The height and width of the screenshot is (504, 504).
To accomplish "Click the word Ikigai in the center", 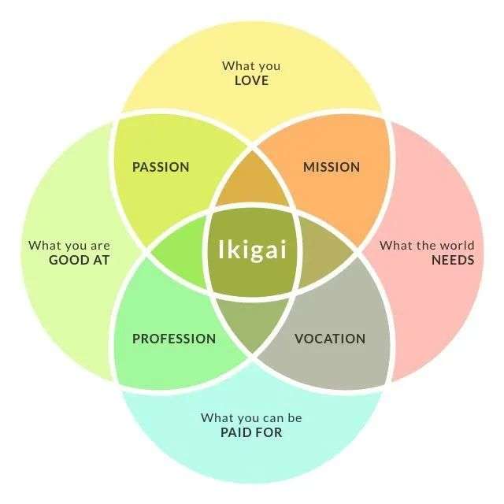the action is click(252, 250).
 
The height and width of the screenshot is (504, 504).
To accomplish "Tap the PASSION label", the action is click(161, 167).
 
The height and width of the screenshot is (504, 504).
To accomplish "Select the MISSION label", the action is click(332, 167).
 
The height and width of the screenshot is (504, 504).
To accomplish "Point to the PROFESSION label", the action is click(174, 339).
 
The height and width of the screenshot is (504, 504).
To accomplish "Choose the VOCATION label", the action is click(330, 339).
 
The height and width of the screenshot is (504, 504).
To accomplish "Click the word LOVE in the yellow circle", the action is click(252, 80).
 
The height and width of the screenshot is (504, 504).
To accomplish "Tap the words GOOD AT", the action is click(79, 260).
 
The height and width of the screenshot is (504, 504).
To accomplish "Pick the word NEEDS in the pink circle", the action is click(453, 260).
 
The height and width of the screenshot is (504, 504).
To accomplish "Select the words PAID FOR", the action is click(251, 432).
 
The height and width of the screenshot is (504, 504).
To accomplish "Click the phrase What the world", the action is click(427, 246).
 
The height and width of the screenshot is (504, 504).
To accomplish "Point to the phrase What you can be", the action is click(251, 418).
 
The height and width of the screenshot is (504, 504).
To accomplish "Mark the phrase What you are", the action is click(69, 246).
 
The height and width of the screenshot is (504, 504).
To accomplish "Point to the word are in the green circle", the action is click(100, 246).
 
